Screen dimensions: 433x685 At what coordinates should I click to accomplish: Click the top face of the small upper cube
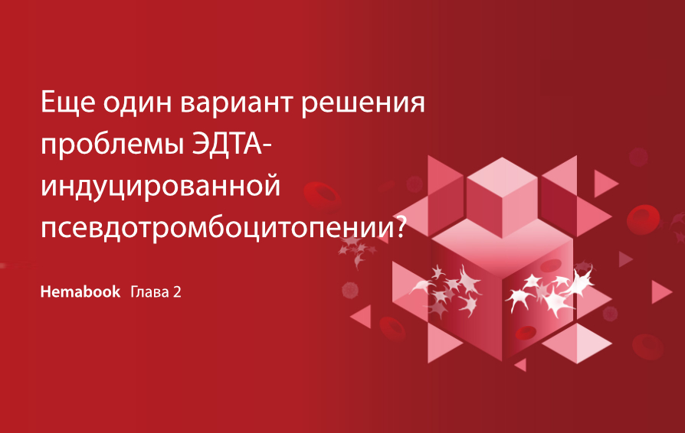point(502,175)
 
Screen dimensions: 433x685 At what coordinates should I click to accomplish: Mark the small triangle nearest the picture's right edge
point(660,291)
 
